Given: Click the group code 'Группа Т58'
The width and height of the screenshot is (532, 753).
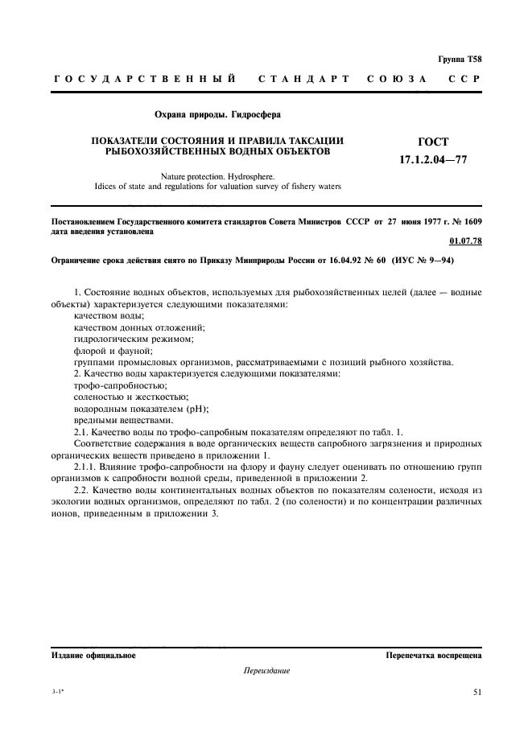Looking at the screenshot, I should click(x=460, y=58).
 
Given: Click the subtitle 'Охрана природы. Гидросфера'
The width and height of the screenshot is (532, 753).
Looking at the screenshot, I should click(x=212, y=116).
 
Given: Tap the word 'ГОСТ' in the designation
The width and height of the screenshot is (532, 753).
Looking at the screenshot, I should click(x=433, y=142).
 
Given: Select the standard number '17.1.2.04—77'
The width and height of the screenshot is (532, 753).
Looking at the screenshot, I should click(x=433, y=160).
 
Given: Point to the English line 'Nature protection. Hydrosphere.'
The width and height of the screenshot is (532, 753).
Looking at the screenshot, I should click(x=217, y=175).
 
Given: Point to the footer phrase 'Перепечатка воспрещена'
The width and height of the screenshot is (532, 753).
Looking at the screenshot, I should click(x=434, y=656).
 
